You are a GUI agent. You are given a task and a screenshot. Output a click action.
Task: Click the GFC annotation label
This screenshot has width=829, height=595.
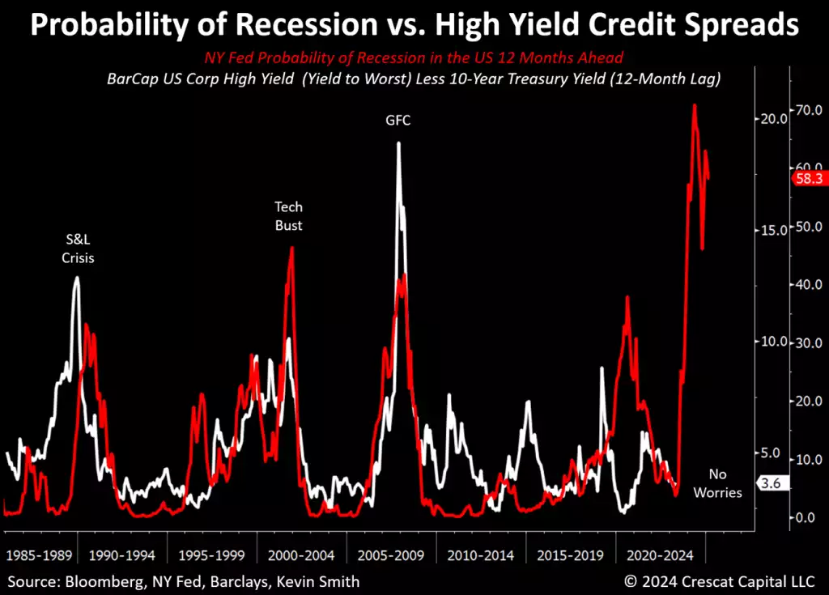coord(397,121)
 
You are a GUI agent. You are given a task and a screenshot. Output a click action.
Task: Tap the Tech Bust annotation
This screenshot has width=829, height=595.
coord(288,216)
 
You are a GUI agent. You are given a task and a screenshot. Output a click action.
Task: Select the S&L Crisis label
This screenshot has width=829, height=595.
coord(79,249)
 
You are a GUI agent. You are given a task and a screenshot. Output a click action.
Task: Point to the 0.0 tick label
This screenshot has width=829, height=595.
coord(806,517)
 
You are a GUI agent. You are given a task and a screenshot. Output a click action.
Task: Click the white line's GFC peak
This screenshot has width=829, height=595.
coord(398,143)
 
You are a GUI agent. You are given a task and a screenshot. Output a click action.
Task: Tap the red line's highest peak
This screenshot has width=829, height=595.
coord(695,105)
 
